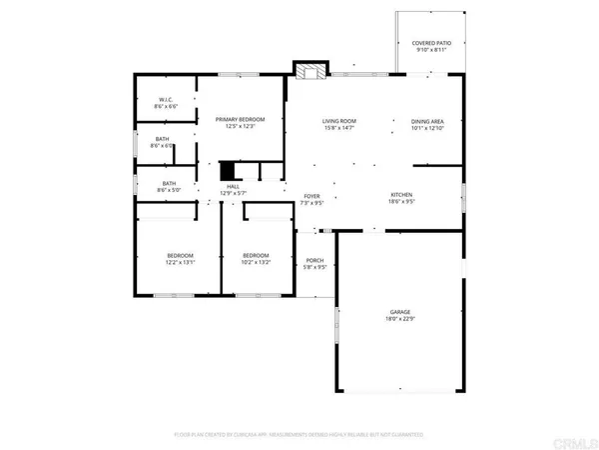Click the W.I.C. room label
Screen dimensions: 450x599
166,99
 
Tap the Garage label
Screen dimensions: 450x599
399,312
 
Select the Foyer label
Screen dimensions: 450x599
313,195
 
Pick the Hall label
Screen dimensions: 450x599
233,186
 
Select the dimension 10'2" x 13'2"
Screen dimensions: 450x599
256,263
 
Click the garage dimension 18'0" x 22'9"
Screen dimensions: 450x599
399,319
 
